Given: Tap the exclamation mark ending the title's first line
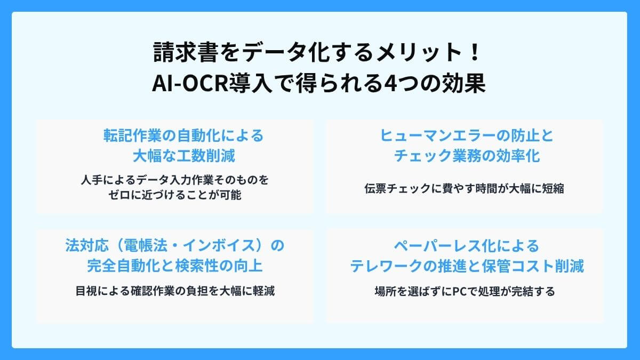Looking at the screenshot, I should pos(476,54).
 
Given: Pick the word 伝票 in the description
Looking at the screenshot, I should pos(374,188).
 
